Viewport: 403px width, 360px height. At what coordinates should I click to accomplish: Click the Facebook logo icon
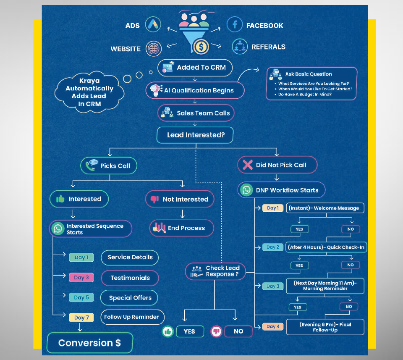click(x=235, y=24)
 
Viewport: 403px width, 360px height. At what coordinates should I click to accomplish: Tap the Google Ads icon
click(x=153, y=25)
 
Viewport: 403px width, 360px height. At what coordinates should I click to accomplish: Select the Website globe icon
click(x=153, y=48)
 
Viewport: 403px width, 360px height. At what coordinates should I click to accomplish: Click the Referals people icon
click(x=240, y=46)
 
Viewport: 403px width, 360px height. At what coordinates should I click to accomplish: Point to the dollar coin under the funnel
click(x=201, y=46)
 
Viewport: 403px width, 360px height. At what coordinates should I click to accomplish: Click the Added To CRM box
click(x=195, y=67)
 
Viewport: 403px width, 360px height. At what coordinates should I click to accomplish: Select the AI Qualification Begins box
click(x=195, y=90)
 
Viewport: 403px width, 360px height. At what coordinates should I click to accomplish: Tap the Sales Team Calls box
click(x=196, y=113)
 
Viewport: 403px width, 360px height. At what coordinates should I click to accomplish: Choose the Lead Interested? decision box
click(x=194, y=135)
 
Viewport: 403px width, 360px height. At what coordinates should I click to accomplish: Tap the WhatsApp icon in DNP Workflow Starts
click(x=246, y=190)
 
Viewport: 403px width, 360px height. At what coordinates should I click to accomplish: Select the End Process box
click(x=181, y=228)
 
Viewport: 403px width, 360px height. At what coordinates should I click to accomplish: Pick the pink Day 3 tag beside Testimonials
click(x=81, y=277)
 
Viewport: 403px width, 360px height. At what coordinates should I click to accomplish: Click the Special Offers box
click(x=130, y=298)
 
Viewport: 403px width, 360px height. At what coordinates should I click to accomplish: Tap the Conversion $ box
click(x=89, y=343)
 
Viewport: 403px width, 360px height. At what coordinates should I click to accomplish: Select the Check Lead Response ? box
click(x=215, y=271)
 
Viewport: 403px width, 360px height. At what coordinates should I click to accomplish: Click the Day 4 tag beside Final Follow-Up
click(x=272, y=326)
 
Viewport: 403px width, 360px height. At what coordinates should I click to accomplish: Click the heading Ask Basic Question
click(x=308, y=74)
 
